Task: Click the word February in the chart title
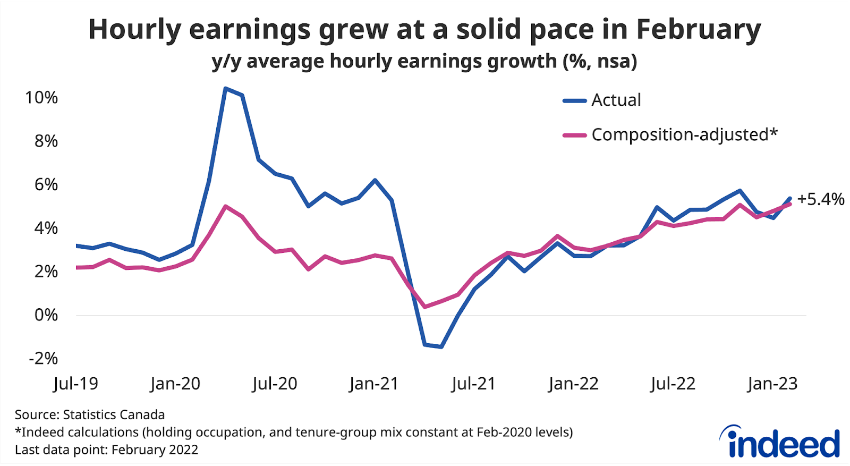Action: (x=698, y=30)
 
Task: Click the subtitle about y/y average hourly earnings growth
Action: (x=424, y=62)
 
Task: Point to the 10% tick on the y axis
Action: (x=41, y=98)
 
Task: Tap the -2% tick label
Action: (x=43, y=358)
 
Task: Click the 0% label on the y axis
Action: (x=46, y=315)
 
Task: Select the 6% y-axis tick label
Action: (x=46, y=184)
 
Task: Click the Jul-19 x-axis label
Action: (x=75, y=384)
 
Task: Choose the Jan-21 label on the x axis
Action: (x=374, y=384)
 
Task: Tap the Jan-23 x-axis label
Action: (x=772, y=384)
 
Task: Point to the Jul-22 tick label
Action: (x=673, y=384)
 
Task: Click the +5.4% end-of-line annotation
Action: (x=820, y=199)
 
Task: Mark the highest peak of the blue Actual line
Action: (x=225, y=88)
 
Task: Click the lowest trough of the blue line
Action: (x=441, y=347)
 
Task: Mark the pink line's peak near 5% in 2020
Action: (x=226, y=206)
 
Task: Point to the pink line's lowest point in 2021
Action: (x=424, y=307)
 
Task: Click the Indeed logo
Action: (x=779, y=442)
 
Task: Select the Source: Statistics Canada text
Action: (x=90, y=414)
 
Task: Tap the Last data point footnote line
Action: (x=106, y=450)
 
